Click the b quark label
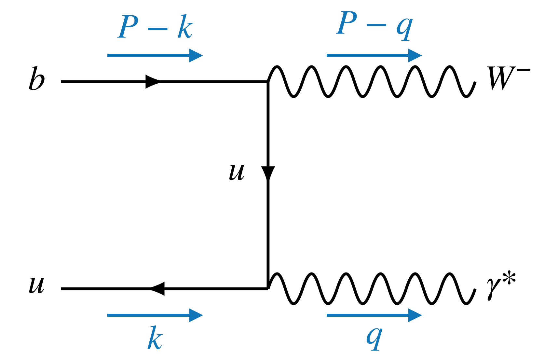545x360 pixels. click(36, 79)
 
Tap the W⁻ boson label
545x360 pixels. click(507, 78)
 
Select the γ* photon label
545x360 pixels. click(500, 286)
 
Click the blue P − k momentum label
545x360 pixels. click(155, 27)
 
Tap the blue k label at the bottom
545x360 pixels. click(155, 338)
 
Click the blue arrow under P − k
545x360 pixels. click(155, 55)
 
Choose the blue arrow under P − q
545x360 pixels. click(374, 55)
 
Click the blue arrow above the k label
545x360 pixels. click(155, 315)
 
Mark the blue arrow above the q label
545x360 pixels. click(374, 315)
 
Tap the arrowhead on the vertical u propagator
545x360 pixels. click(268, 173)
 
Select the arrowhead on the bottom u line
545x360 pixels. click(158, 288)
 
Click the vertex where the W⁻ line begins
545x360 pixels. click(268, 81)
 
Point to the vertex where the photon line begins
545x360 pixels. click(268, 288)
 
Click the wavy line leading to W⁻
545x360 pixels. click(371, 81)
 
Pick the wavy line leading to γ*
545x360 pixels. click(371, 288)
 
